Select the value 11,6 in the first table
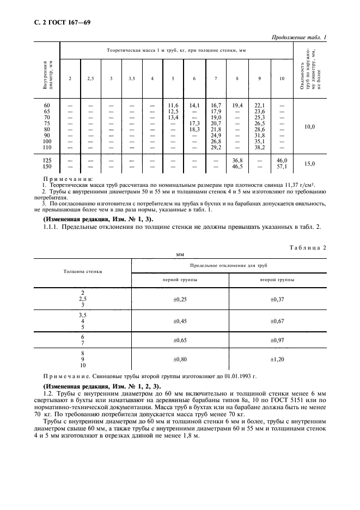173,105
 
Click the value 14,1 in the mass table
194,105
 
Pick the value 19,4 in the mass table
237,105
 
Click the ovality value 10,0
309,127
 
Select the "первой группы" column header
180,279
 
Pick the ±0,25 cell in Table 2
180,299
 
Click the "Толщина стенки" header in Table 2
83,271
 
